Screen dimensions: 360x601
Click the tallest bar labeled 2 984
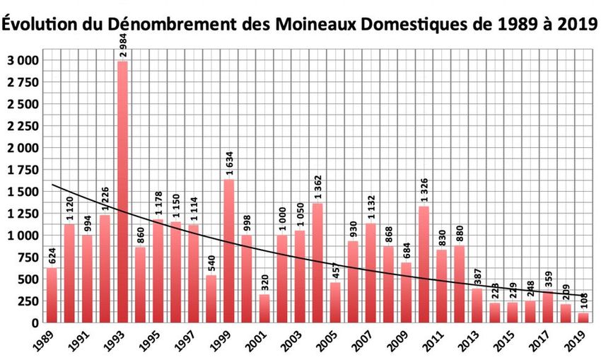tap(122, 191)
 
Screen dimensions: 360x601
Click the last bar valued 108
tap(583, 318)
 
